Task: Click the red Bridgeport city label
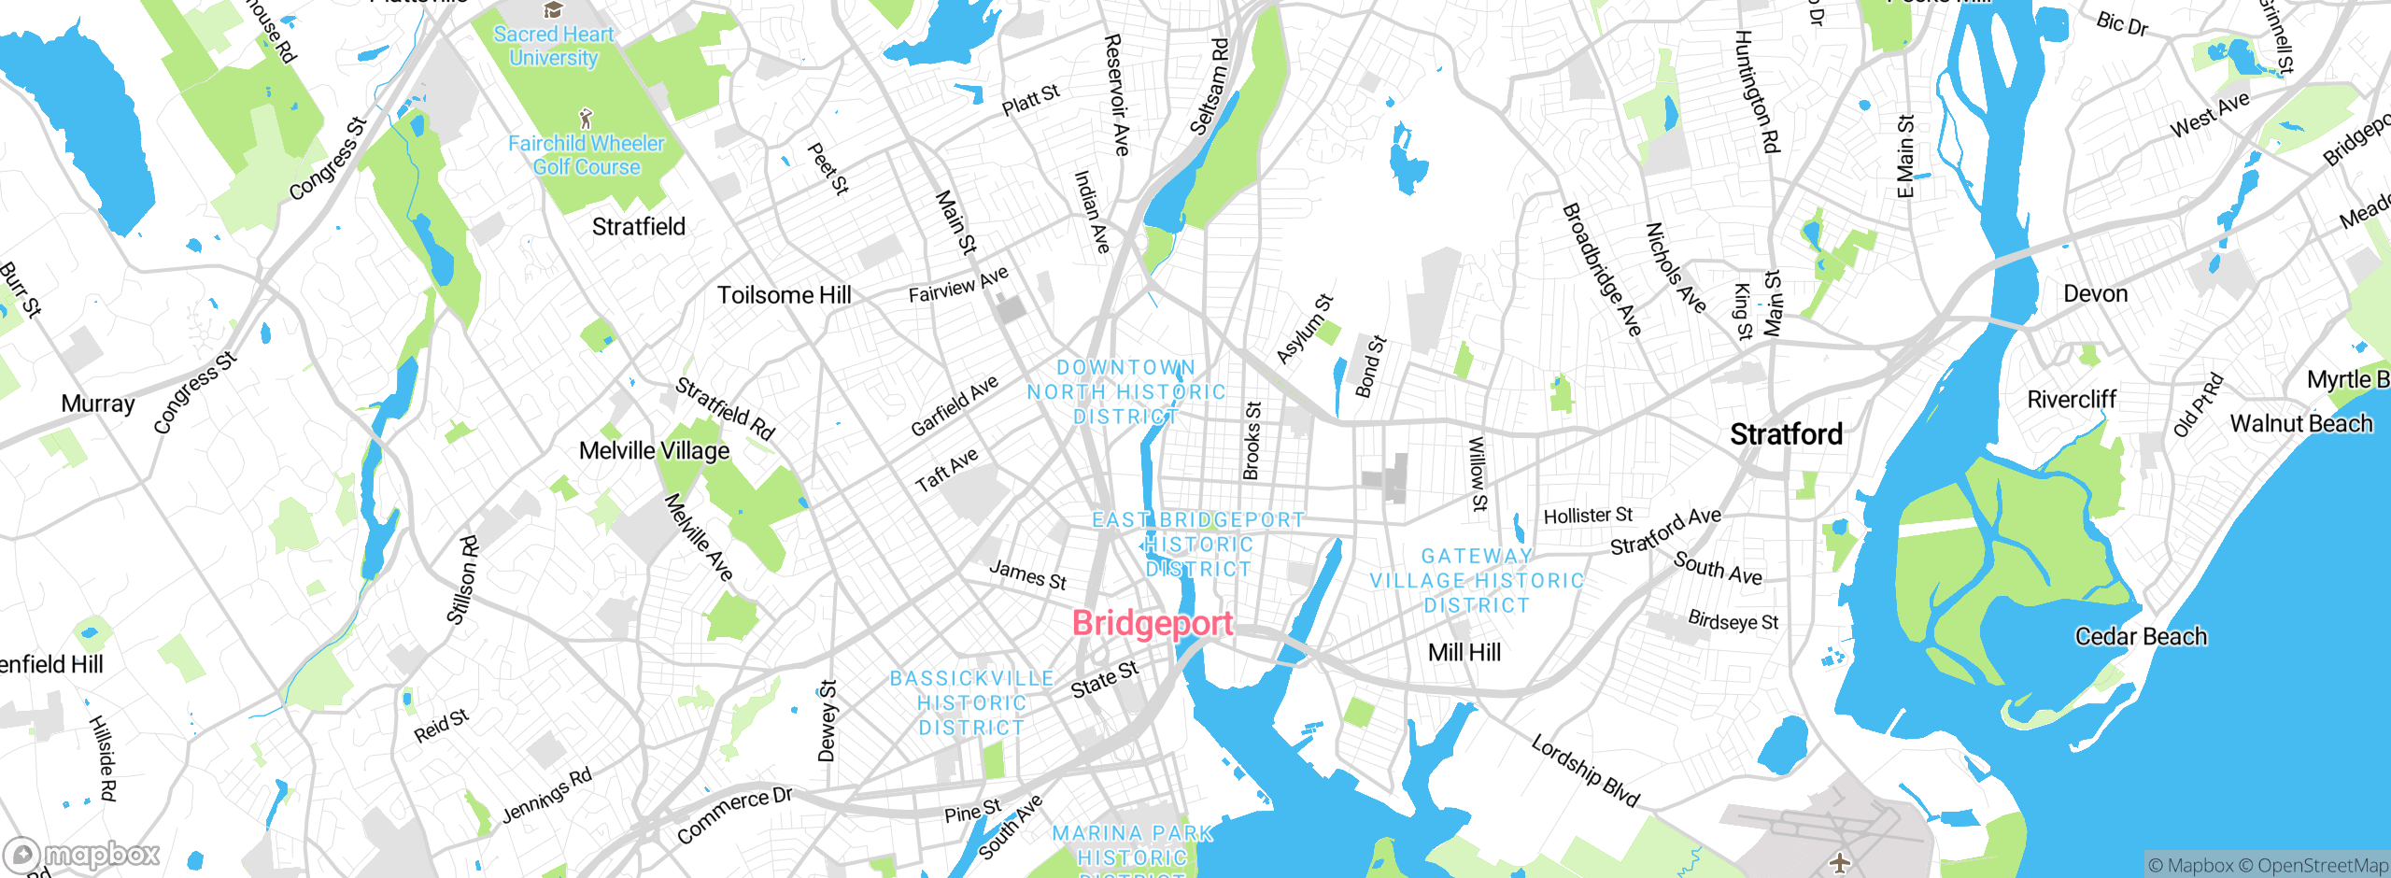coord(1153,623)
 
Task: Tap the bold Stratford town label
coord(1786,434)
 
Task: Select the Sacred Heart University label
coord(554,46)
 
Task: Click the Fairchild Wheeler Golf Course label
coord(586,155)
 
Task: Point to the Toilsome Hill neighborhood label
coord(784,295)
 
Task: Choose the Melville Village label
coord(654,450)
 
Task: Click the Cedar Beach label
coord(2141,637)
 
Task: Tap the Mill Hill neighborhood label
coord(1464,653)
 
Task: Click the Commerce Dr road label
coord(734,814)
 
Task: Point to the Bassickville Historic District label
coord(971,703)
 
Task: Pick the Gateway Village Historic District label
coord(1477,581)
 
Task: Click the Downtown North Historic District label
coord(1126,392)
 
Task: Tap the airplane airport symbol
coord(1839,861)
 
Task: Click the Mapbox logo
coord(82,855)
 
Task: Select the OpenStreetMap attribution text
coord(2322,866)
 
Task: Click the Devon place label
coord(2095,294)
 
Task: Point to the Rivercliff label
coord(2071,400)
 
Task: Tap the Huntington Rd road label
coord(1757,91)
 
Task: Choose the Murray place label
coord(98,404)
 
